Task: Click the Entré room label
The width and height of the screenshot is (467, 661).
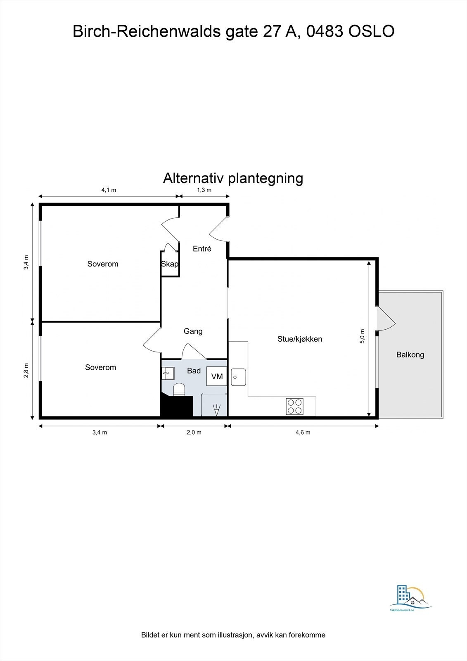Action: (x=202, y=249)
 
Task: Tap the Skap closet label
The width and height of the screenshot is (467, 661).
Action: (x=170, y=264)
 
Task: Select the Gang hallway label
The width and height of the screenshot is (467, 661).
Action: (x=193, y=331)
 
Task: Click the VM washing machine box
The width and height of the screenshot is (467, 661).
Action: (x=217, y=376)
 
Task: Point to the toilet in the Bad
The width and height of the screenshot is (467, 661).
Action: (x=178, y=390)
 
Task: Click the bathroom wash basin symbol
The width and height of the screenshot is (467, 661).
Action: (x=168, y=373)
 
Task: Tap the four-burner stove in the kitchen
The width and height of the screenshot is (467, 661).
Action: (x=294, y=406)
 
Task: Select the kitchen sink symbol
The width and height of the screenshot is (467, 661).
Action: (x=238, y=377)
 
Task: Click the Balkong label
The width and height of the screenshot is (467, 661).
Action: (x=410, y=354)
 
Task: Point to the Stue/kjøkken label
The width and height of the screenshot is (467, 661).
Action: (x=299, y=339)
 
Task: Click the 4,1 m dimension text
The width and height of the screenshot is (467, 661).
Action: (x=109, y=190)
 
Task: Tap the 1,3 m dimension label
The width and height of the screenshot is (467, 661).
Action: (x=204, y=190)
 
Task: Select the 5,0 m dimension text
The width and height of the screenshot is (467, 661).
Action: (x=362, y=336)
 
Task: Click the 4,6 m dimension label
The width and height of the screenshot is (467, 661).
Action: (x=303, y=433)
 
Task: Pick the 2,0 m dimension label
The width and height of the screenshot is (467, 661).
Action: (x=194, y=433)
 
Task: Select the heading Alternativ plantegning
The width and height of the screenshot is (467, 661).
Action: (x=233, y=178)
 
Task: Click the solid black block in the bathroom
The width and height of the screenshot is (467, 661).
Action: (x=176, y=406)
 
